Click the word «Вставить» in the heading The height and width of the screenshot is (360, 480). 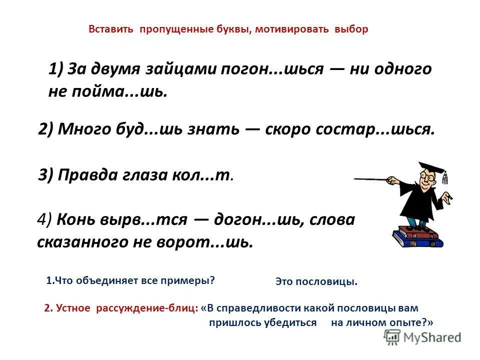[110, 29]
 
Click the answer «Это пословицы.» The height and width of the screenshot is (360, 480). [316, 282]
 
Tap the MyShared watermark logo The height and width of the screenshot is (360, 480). [422, 337]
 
